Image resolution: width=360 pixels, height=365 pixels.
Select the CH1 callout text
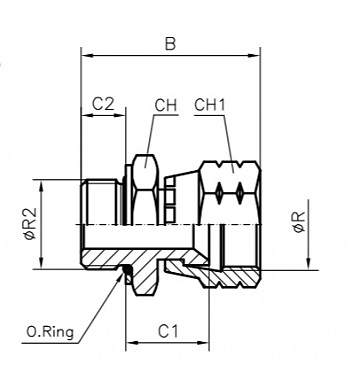[209, 104]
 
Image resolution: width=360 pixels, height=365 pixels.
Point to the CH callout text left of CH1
[166, 104]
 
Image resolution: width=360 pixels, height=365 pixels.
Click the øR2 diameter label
[31, 225]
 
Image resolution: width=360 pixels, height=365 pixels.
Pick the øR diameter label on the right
[301, 226]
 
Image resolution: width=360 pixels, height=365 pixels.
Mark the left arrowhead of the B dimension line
[84, 56]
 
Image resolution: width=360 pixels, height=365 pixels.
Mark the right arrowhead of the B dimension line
[255, 56]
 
